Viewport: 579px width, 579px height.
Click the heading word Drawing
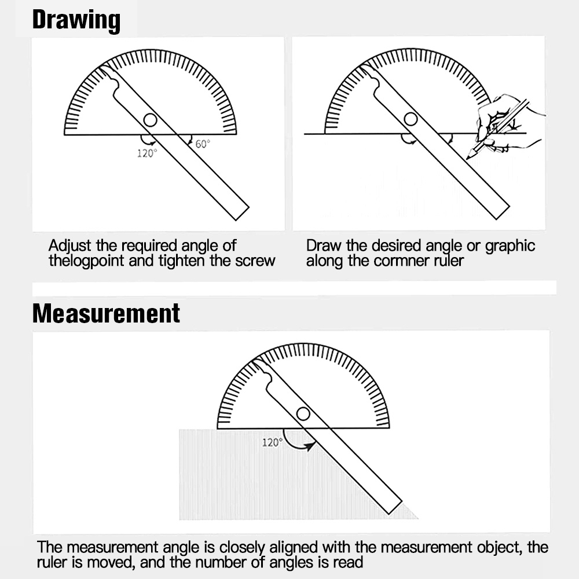76,20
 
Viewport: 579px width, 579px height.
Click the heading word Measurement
106,313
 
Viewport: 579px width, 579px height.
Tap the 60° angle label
202,144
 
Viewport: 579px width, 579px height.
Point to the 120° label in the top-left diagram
147,153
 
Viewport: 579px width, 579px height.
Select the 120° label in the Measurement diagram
272,442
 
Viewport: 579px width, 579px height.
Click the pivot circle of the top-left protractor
150,120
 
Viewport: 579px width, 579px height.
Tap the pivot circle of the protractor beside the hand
411,119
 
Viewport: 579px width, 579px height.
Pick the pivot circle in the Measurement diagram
303,413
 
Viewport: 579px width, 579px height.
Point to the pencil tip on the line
468,156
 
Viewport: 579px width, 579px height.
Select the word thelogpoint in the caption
86,261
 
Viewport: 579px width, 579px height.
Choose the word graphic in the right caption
510,246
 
